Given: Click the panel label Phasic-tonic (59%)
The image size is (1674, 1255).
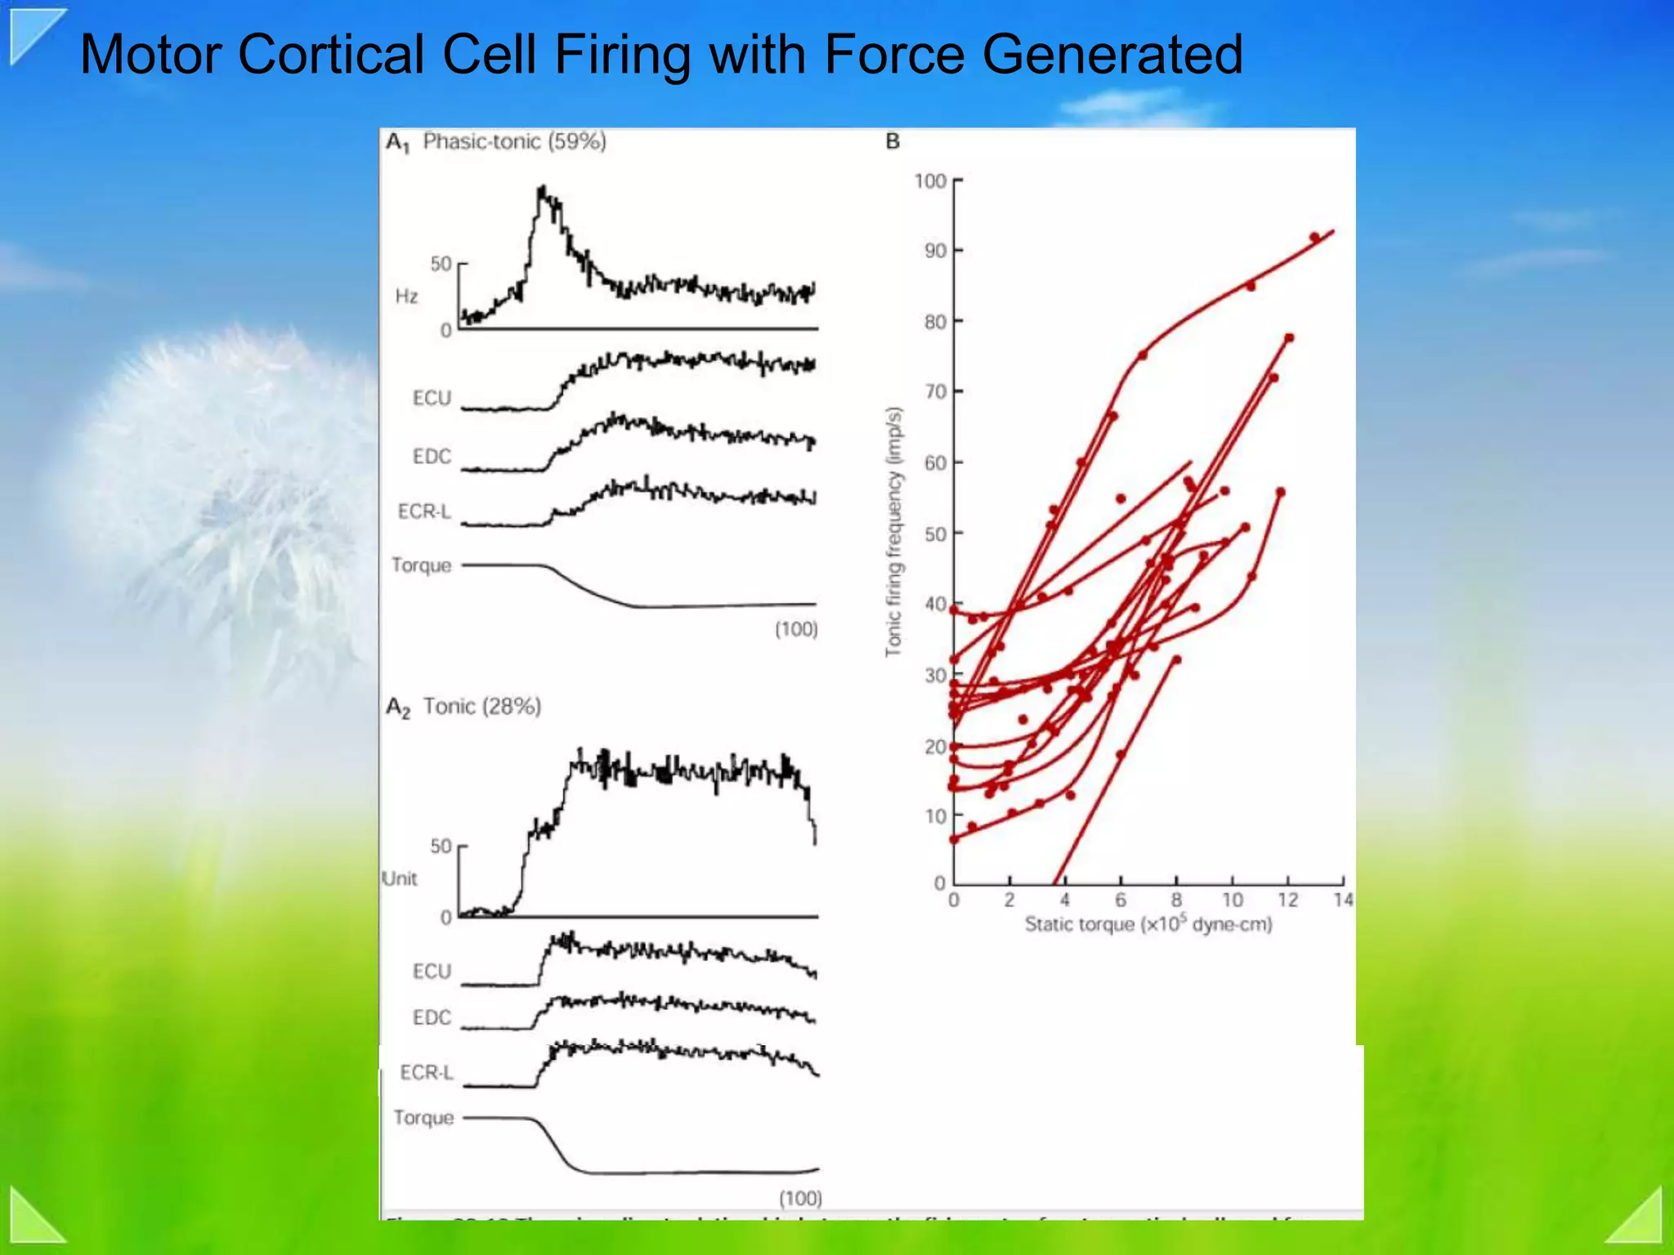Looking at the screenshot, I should tap(514, 142).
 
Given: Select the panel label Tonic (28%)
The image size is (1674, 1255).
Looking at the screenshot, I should tap(481, 707).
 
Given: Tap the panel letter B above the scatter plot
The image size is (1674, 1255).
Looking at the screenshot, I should tap(893, 142).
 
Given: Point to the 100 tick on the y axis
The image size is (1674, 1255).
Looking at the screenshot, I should tap(930, 181).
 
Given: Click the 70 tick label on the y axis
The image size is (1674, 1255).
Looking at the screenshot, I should tap(935, 392).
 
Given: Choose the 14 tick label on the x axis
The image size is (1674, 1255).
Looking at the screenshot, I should tap(1343, 900).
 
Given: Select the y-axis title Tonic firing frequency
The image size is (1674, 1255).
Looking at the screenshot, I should tap(894, 531).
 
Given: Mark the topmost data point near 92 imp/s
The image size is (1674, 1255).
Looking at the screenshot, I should tap(1314, 237).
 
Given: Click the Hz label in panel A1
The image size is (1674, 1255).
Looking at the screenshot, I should tap(406, 296).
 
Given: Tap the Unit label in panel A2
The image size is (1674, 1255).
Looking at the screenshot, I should tap(400, 878).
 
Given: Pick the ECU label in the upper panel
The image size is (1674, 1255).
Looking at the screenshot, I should tap(432, 398).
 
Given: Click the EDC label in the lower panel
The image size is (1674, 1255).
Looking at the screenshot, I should tap(432, 1017).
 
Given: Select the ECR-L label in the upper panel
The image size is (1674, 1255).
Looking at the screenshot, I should tap(424, 511).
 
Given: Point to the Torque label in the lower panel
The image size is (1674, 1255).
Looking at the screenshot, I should tap(423, 1117).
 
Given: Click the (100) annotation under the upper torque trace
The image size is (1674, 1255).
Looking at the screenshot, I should tap(796, 629).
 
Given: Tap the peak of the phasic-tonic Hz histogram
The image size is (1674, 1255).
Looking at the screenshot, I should tap(541, 190).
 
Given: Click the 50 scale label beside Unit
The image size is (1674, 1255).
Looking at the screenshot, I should tap(441, 846).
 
